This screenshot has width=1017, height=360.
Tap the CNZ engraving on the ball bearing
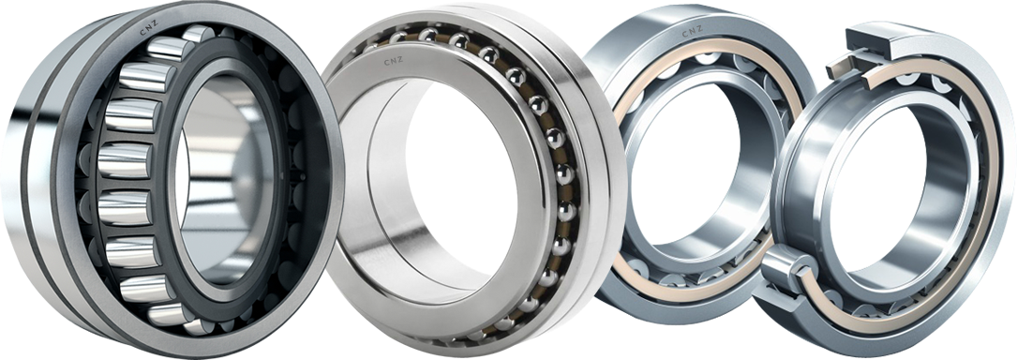394,62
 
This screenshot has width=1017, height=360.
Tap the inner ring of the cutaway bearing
815,187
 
